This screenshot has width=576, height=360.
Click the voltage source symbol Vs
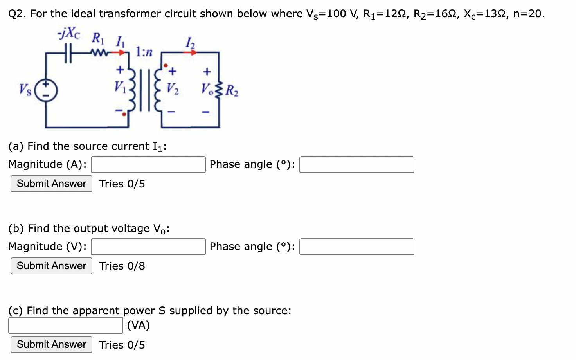(46, 90)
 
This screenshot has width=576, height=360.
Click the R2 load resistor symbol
(219, 90)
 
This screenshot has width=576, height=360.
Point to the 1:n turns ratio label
(144, 52)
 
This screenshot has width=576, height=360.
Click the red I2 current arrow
(193, 52)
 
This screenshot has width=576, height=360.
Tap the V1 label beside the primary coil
(120, 87)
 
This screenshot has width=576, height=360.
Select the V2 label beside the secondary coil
(173, 88)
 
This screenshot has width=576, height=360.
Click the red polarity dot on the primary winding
(124, 114)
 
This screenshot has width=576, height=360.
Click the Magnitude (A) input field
(148, 165)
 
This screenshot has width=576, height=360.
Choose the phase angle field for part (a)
(356, 165)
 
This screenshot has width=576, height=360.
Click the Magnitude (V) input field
(148, 247)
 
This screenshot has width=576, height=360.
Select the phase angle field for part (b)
(356, 247)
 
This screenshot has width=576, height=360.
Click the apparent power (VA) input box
(66, 326)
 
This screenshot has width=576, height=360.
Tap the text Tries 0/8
(122, 266)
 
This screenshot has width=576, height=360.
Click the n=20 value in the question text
(528, 14)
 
